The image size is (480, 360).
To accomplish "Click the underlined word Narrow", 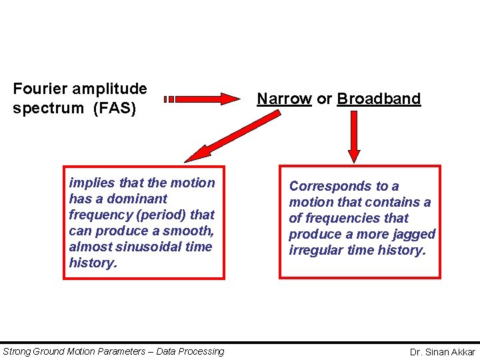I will (284, 99).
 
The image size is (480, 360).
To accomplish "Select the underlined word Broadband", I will (379, 99).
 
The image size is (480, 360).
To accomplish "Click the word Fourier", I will (39, 89).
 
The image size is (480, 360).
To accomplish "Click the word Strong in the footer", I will (17, 351).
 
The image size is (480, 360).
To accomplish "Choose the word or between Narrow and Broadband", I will (324, 99).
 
